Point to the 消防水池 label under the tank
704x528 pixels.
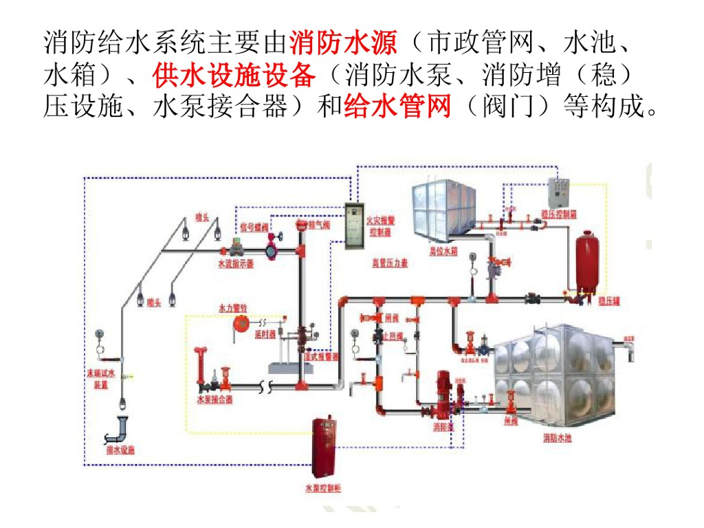coord(558,438)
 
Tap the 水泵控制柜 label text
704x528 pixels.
coord(322,489)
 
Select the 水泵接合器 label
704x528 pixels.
coord(214,399)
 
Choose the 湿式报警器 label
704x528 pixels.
coord(322,357)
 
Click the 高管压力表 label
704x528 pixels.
coord(390,263)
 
